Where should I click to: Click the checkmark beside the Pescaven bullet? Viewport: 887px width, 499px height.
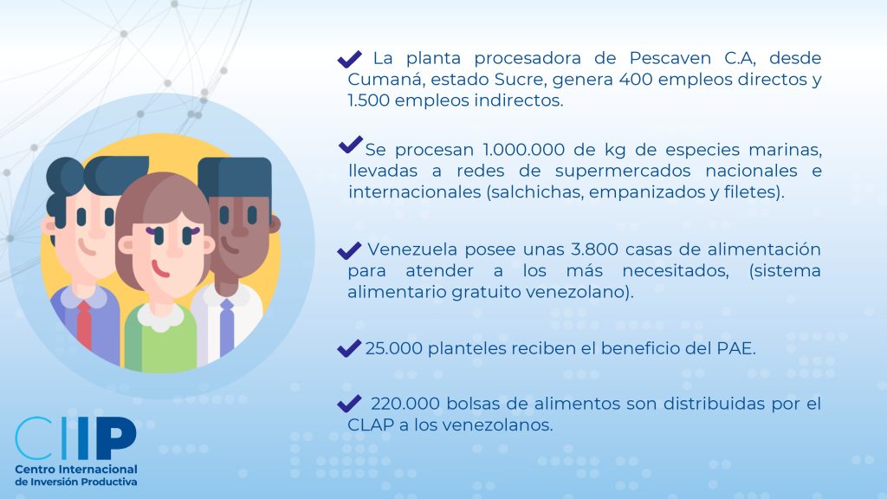point(350,58)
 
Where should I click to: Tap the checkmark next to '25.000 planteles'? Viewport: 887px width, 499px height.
point(349,348)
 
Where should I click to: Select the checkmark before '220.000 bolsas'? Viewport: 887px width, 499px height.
point(349,404)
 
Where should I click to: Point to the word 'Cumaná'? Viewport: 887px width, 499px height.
point(385,79)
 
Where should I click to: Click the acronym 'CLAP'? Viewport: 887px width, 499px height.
point(371,424)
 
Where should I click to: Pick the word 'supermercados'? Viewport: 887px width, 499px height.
point(623,172)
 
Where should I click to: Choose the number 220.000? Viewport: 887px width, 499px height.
point(405,404)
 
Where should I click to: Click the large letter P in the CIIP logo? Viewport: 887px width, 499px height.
point(116,438)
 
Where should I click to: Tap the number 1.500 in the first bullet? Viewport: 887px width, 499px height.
point(368,100)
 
